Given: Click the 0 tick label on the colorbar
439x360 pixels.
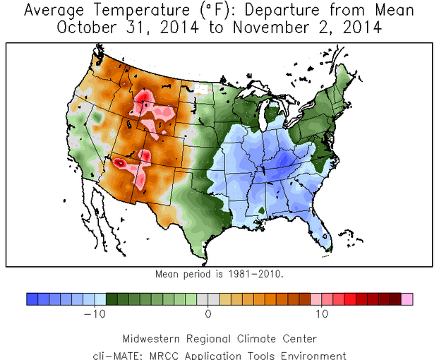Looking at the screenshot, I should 208,313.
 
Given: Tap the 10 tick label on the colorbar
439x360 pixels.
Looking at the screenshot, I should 322,313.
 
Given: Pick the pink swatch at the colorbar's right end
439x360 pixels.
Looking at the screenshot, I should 407,299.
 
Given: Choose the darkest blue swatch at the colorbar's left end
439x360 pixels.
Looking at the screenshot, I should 32,299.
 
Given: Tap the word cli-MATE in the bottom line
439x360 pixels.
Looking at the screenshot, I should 115,355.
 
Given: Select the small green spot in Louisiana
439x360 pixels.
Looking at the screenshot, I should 261,210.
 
